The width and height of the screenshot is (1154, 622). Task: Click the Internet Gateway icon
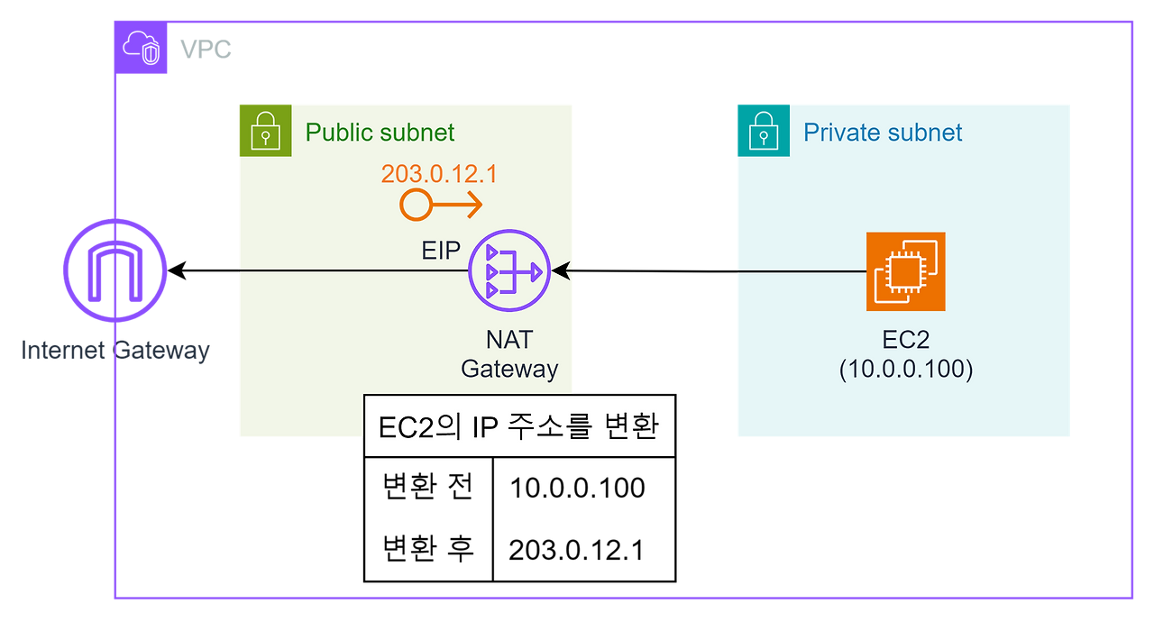tap(114, 270)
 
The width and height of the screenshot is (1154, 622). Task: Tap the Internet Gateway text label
tap(114, 350)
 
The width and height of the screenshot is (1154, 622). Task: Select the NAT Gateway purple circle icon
tap(508, 270)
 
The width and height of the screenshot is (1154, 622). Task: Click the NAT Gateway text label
tap(509, 354)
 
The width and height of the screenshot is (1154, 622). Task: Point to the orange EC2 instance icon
tap(905, 271)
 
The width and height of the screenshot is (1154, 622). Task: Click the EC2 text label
tap(905, 341)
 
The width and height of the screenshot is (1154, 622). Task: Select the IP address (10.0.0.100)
tap(905, 370)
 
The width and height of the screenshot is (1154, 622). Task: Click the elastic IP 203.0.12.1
tap(438, 173)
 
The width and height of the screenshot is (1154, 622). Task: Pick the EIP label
tap(441, 251)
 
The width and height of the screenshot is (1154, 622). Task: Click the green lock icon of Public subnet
tap(265, 130)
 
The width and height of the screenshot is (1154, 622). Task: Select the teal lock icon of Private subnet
tap(763, 130)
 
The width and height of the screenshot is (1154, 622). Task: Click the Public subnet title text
tap(380, 133)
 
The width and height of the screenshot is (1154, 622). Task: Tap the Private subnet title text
tap(883, 133)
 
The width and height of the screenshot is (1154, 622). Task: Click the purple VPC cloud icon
tap(142, 48)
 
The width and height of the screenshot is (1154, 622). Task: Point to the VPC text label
tap(206, 49)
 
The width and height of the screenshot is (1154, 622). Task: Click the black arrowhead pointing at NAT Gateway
tap(562, 270)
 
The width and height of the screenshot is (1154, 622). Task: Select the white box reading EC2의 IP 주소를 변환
tap(519, 425)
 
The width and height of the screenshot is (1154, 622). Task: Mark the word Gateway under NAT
tap(509, 369)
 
